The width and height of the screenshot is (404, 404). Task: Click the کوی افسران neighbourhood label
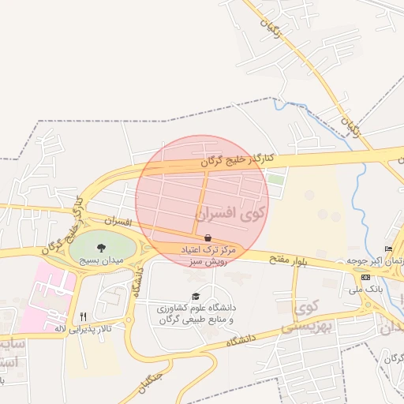pyautogui.click(x=233, y=213)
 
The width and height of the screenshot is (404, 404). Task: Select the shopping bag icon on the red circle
pyautogui.click(x=208, y=238)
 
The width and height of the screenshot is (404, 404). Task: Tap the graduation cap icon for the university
pyautogui.click(x=196, y=296)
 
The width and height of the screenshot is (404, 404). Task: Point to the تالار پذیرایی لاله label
pyautogui.click(x=83, y=327)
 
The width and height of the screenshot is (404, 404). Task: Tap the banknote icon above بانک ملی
pyautogui.click(x=365, y=278)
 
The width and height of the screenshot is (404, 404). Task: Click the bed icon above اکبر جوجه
pyautogui.click(x=387, y=249)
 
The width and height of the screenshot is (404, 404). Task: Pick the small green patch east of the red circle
pyautogui.click(x=275, y=179)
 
